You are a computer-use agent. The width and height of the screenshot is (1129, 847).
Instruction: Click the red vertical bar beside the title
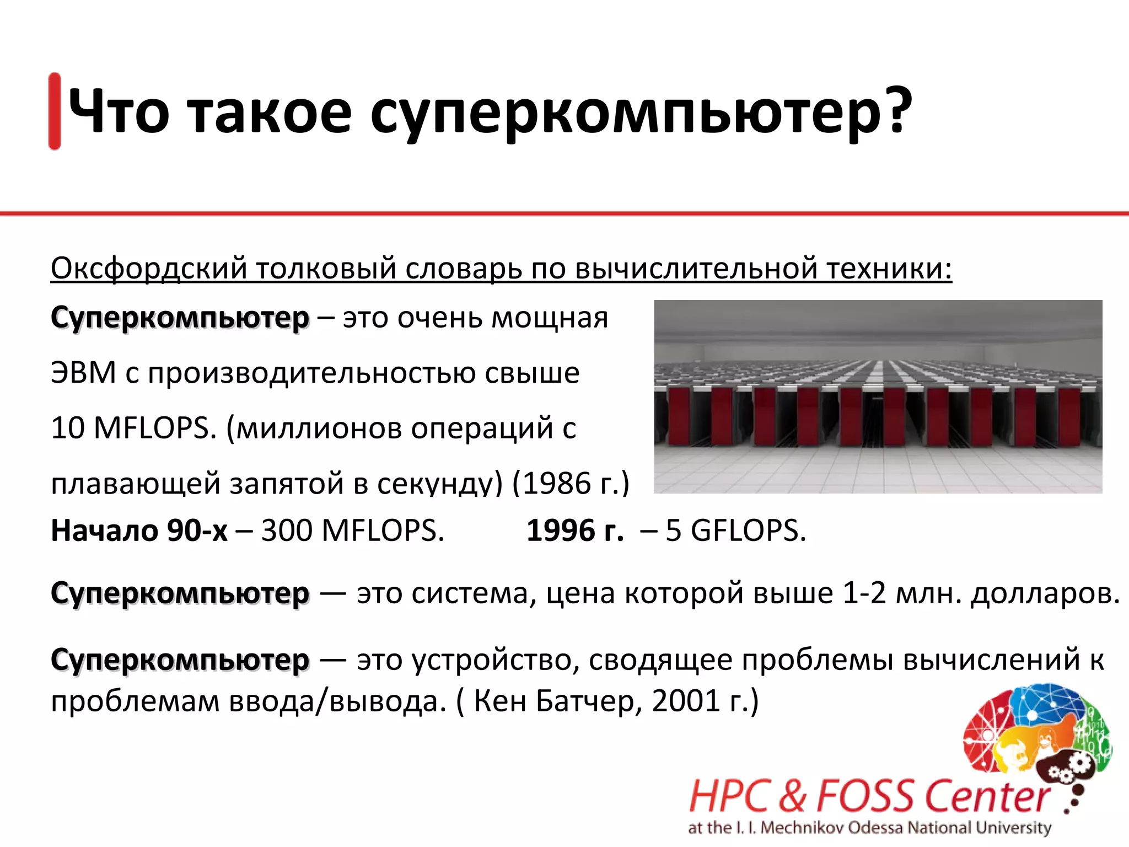[55, 111]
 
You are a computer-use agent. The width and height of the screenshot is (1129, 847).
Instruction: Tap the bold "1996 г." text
[575, 530]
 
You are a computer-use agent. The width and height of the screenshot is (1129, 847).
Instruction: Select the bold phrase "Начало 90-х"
[139, 530]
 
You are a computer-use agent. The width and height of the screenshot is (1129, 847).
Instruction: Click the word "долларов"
[1045, 593]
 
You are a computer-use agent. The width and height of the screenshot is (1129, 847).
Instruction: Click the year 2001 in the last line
[686, 701]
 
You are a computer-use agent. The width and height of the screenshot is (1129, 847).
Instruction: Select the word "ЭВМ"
[83, 373]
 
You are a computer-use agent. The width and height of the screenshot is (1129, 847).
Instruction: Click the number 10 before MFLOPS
[67, 428]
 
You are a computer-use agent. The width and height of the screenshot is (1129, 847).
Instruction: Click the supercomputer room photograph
[878, 396]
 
